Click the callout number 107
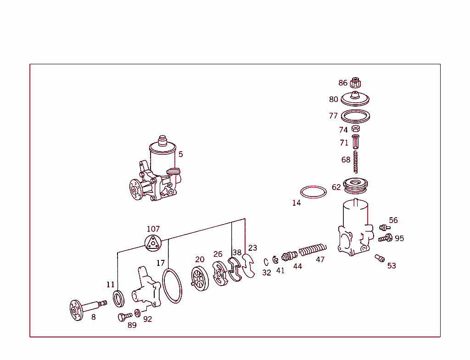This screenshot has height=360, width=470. coord(153,229)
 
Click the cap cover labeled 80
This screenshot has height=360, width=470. coord(356,99)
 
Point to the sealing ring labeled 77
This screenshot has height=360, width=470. coord(356,116)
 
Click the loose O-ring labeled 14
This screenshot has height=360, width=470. coord(313,192)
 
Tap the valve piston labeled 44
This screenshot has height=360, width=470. coord(289,255)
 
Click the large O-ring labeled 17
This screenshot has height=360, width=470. coord(173,287)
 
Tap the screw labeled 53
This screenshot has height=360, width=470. coord(380,258)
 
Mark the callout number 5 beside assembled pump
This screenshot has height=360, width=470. coord(180,154)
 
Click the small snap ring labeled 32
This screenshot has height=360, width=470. coord(266,262)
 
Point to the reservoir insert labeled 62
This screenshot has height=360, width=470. coord(356,185)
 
